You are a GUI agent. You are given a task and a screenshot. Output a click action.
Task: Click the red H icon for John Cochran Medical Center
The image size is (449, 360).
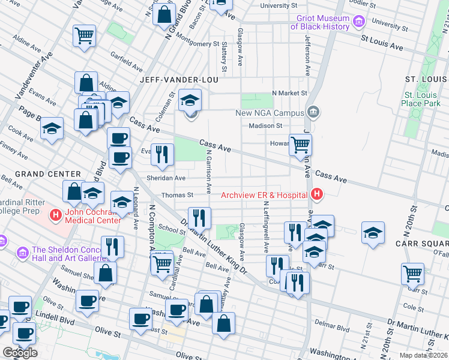[55, 214]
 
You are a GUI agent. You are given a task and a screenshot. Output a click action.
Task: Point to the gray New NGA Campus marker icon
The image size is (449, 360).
[313, 112]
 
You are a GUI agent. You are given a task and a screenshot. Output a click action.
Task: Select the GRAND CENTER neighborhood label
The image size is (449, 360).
[40, 174]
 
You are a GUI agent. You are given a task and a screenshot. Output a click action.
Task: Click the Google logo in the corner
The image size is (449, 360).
[20, 353]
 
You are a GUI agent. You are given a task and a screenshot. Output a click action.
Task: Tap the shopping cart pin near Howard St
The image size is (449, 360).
[300, 144]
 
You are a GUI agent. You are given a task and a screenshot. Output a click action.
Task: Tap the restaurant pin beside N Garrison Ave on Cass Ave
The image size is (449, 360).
[161, 154]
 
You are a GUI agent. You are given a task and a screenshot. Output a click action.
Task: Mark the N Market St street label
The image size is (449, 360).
[289, 93]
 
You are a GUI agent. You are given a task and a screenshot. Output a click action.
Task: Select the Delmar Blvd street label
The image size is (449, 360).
[335, 329]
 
